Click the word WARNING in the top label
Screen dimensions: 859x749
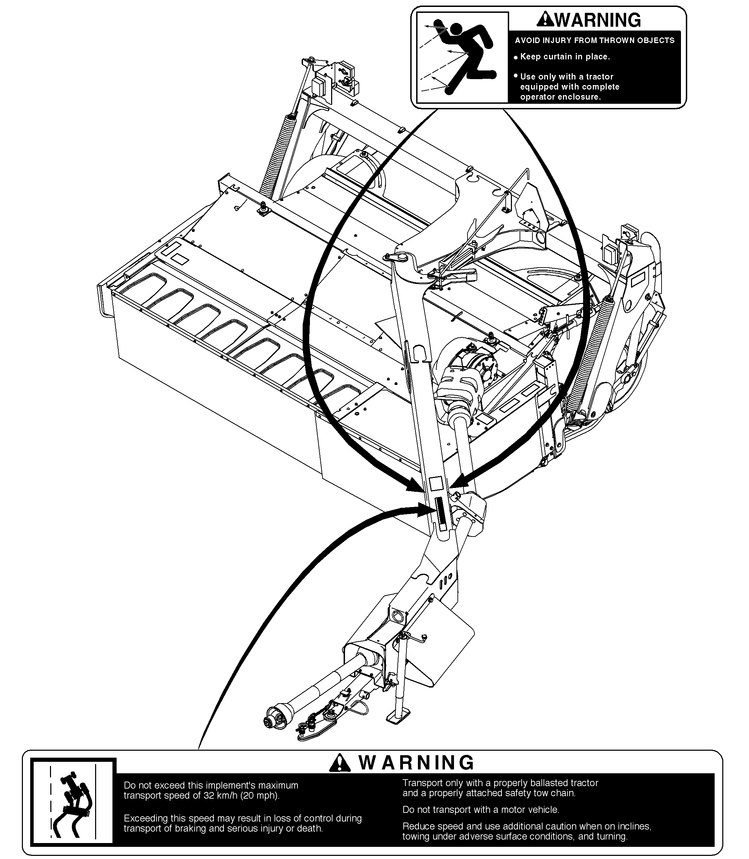(598, 20)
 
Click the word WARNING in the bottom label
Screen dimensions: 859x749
(416, 763)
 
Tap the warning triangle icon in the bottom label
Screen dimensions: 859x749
(340, 763)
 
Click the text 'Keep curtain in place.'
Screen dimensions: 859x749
(565, 57)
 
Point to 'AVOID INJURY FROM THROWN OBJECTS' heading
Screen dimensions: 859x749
(594, 41)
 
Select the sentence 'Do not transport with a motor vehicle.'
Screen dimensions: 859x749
(481, 810)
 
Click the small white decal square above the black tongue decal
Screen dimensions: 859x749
(436, 483)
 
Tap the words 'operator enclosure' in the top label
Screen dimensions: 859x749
(560, 97)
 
